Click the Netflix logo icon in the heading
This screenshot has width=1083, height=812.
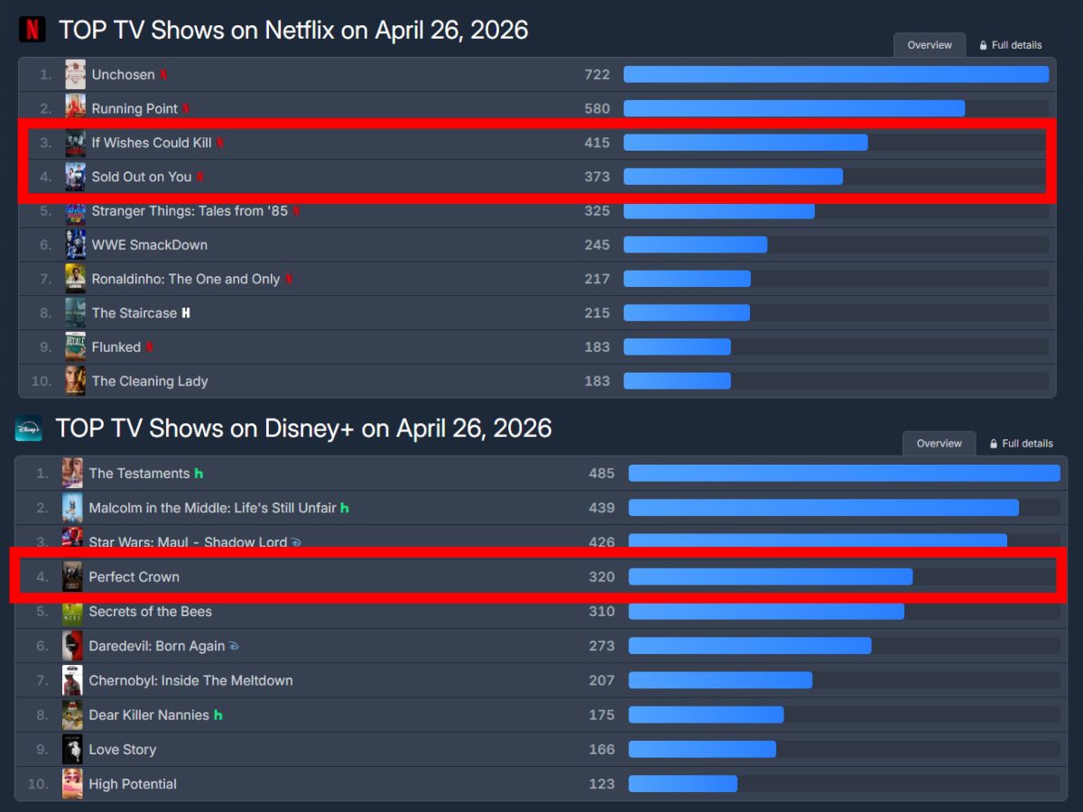32,30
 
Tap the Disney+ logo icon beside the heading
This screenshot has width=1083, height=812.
29,429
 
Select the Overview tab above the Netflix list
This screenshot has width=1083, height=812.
929,45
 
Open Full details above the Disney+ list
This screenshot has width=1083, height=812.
1021,444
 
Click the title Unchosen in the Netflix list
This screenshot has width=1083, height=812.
123,75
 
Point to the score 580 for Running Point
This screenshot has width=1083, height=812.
597,108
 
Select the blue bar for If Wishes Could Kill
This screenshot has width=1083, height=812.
745,143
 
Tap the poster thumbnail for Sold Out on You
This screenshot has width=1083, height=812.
75,177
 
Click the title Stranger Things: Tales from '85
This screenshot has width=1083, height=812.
190,211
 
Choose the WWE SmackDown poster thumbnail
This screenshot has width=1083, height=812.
75,245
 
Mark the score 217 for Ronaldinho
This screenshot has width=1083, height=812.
597,279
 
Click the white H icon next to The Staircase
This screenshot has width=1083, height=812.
186,313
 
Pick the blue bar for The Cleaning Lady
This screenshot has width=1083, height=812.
676,381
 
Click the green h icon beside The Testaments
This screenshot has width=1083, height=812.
199,474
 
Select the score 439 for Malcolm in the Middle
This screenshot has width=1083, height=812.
601,508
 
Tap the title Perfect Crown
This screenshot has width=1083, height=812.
134,577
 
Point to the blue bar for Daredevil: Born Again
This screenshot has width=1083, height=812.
749,646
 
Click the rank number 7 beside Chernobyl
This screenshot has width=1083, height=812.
42,680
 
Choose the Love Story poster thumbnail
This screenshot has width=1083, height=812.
72,750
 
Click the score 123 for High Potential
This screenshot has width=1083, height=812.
601,784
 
